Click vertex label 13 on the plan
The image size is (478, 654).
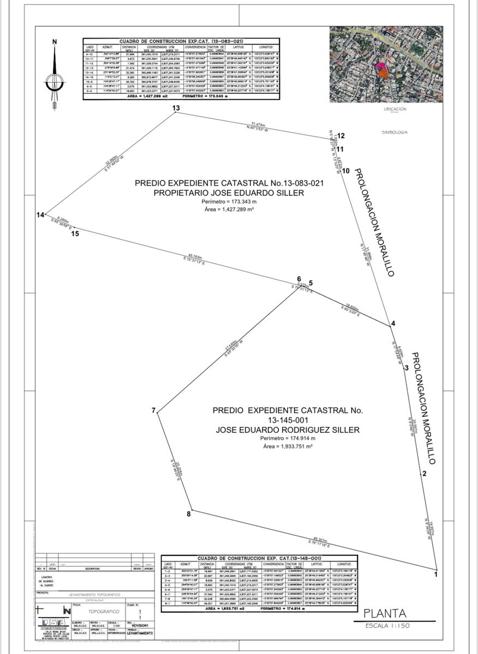click(x=176, y=108)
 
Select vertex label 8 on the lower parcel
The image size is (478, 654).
click(x=189, y=513)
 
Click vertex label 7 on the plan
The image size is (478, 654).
click(x=153, y=410)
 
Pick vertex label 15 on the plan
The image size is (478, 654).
click(x=75, y=234)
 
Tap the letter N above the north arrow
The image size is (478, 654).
click(x=54, y=41)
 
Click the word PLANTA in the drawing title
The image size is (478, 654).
click(x=386, y=613)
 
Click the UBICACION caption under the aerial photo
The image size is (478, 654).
click(x=395, y=109)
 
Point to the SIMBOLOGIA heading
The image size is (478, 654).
click(x=396, y=132)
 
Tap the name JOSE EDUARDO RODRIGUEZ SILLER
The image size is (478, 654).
click(x=288, y=429)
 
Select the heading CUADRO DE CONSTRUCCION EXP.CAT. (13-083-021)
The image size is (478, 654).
click(x=181, y=41)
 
